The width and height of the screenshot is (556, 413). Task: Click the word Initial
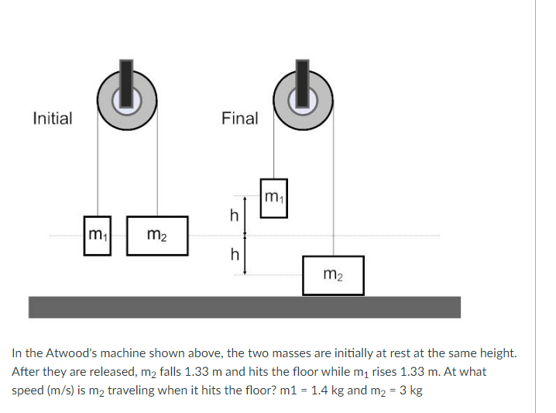pyautogui.click(x=53, y=119)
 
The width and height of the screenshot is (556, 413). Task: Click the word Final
pyautogui.click(x=239, y=119)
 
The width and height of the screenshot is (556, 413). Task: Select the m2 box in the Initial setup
pyautogui.click(x=156, y=235)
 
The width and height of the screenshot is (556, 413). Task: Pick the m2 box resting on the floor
pyautogui.click(x=333, y=274)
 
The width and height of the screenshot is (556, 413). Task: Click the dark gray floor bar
pyautogui.click(x=244, y=307)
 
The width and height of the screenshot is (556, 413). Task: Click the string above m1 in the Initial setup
pyautogui.click(x=98, y=163)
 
